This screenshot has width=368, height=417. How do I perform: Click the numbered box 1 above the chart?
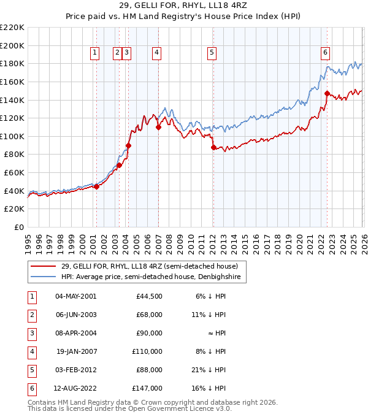(96, 53)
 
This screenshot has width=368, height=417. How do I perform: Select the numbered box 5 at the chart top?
(212, 53)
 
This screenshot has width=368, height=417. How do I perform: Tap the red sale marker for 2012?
(213, 147)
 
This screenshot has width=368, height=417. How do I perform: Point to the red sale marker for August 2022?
(327, 94)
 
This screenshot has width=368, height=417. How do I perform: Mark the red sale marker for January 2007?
(158, 128)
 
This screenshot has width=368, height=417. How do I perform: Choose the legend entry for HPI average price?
(153, 277)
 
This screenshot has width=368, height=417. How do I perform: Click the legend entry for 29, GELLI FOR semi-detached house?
(153, 266)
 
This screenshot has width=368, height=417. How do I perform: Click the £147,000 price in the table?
(148, 388)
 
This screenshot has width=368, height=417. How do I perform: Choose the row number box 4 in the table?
(31, 351)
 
